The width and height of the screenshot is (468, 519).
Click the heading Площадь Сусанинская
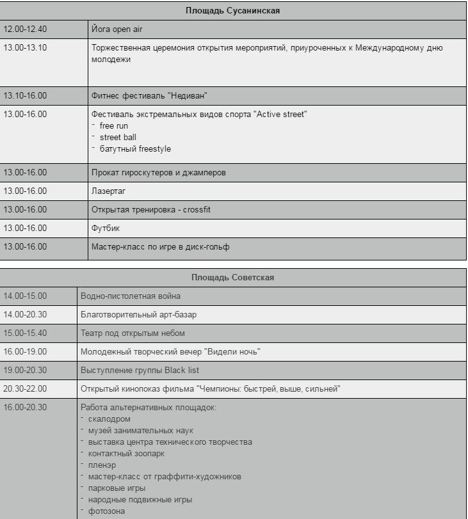point(233,11)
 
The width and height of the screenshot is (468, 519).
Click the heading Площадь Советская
point(233,277)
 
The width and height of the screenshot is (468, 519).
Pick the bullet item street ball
point(118,138)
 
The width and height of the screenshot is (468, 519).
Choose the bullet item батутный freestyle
point(135,149)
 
